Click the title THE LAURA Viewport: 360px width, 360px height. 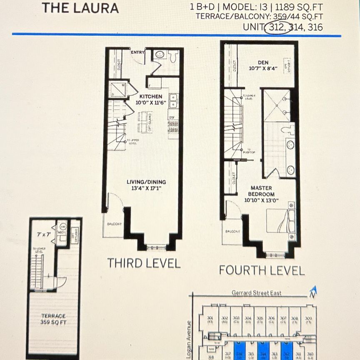coord(80,8)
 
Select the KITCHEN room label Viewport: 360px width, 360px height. coord(148,96)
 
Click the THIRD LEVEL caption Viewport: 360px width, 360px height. coord(144,263)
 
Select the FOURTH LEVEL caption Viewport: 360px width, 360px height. coord(262,270)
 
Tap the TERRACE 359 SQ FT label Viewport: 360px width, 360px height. coord(53,320)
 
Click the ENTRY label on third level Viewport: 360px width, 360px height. coord(137,52)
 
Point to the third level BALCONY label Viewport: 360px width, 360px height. coord(114,224)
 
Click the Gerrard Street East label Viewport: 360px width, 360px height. coord(256,293)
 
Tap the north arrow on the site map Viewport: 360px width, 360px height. coord(313,292)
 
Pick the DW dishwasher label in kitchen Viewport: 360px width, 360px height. coord(172,117)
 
